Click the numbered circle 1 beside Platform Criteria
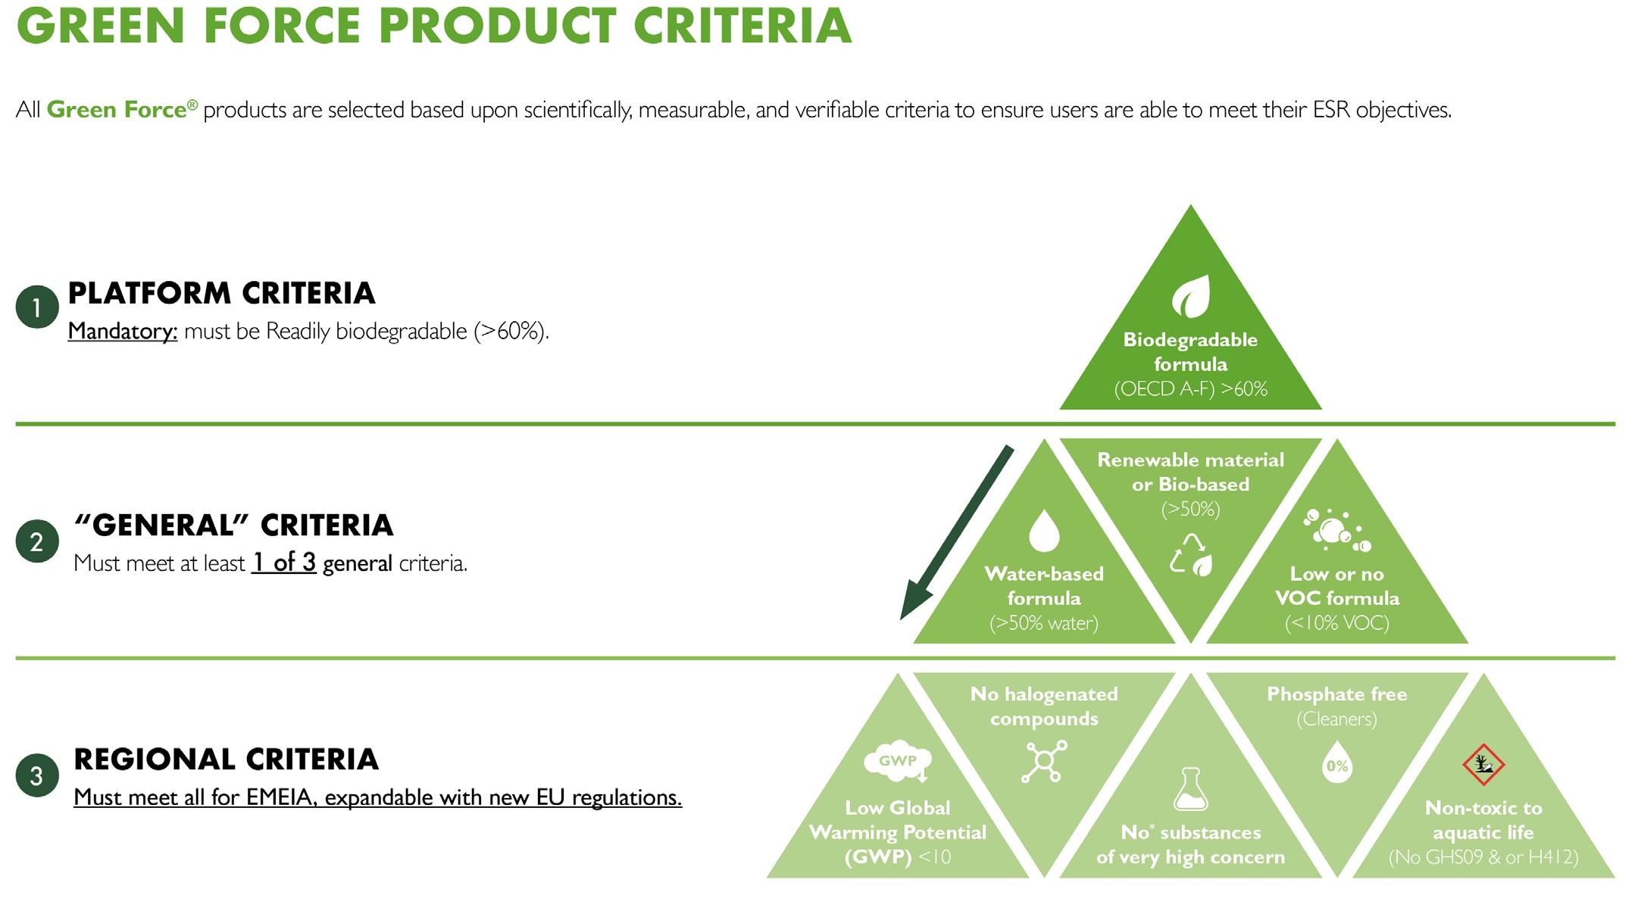coord(37,307)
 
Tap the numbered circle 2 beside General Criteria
coord(37,541)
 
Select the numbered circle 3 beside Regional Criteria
coord(37,775)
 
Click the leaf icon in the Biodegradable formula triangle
coord(1191,296)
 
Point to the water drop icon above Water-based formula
coord(1044,530)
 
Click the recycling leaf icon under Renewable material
coord(1191,554)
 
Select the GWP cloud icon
coord(898,761)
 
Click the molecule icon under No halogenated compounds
coord(1044,761)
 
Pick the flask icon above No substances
coord(1191,788)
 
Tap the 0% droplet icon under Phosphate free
coord(1337,762)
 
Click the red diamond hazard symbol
coord(1483,765)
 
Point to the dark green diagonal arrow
coord(955,533)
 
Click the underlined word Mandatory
coord(123,332)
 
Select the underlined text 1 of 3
coord(284,563)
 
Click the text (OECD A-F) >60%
coord(1190,389)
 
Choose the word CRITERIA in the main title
coord(742,26)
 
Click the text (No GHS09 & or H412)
coord(1483,857)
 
